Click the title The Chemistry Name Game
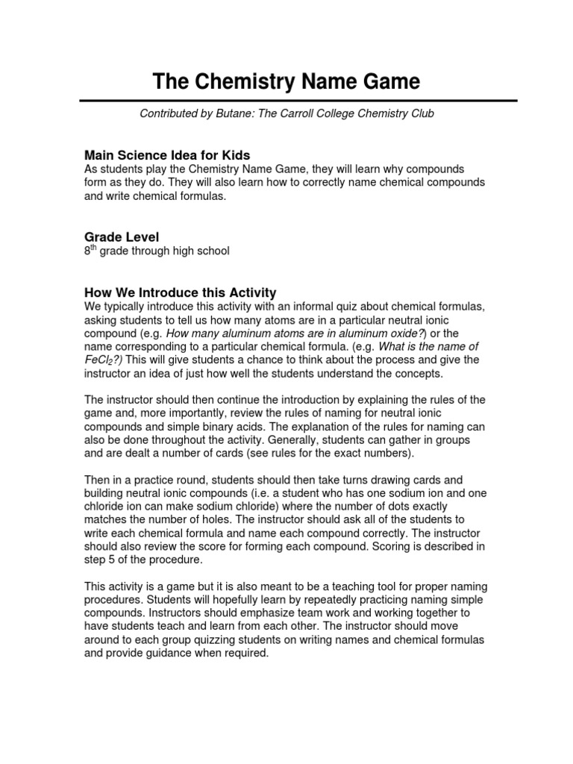[x=286, y=81]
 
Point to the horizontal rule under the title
[x=286, y=100]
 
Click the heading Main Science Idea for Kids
[x=167, y=155]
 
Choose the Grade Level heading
[x=122, y=237]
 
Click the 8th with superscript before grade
[x=92, y=251]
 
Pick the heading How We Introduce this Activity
[x=181, y=292]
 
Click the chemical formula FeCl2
[x=102, y=360]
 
